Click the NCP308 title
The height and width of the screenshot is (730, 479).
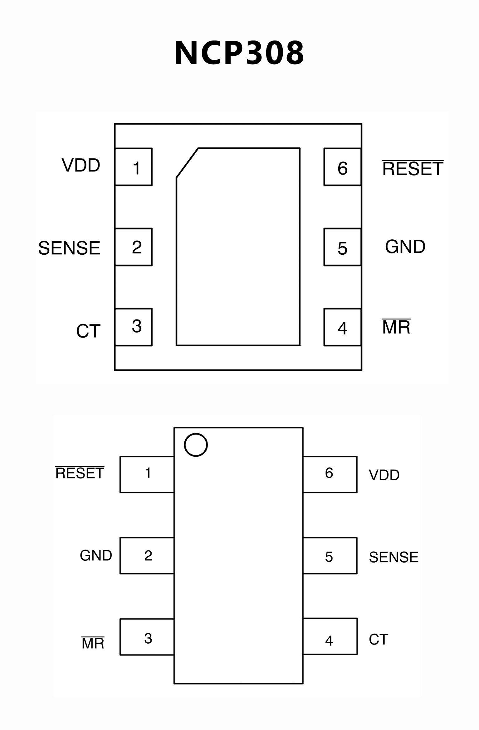[239, 53]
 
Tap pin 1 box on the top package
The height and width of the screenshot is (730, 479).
[134, 167]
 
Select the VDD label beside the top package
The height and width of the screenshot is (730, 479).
[81, 165]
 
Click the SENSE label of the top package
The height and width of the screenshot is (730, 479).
[69, 248]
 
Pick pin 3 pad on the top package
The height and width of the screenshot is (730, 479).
[134, 327]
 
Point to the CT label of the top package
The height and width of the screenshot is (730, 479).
[88, 331]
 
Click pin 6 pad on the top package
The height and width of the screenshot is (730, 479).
[342, 167]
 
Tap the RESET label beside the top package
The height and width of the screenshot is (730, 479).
[412, 169]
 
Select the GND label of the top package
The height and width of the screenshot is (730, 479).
[405, 247]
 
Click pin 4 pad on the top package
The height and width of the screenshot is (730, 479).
[342, 327]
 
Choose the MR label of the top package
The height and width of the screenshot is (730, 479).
[396, 327]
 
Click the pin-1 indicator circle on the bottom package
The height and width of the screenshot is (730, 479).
[196, 445]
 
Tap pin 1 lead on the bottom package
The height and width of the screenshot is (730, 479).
[147, 474]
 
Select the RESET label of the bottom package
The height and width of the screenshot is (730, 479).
[80, 473]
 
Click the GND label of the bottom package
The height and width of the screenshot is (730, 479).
[96, 555]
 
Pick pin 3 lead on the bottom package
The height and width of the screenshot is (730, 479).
[147, 637]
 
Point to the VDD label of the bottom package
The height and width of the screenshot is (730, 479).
[384, 475]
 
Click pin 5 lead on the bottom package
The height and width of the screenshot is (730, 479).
[330, 556]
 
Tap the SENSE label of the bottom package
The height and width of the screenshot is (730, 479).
[393, 557]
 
